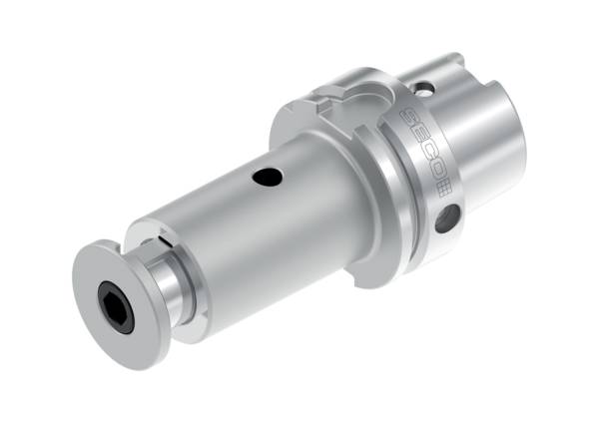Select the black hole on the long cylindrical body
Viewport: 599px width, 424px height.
268,179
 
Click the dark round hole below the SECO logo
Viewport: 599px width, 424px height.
447,216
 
